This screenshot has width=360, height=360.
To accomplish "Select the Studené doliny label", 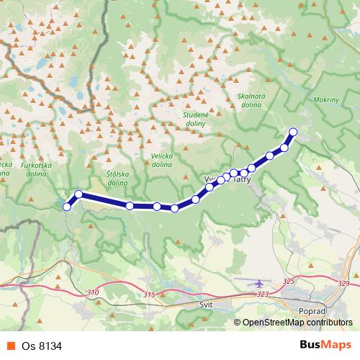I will click(x=194, y=119).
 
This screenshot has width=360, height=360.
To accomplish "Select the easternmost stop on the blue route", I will click(x=293, y=131).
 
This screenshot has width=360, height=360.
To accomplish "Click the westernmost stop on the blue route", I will click(x=67, y=207).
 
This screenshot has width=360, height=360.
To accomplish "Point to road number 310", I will click(x=91, y=292).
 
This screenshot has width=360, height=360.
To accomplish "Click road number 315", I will click(x=149, y=295).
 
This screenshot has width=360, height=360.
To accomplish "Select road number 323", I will click(x=262, y=294).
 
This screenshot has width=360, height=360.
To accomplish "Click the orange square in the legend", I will click(x=12, y=346).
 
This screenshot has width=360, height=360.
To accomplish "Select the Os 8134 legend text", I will click(x=40, y=346).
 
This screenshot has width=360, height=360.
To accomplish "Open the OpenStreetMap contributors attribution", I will click(x=297, y=323).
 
